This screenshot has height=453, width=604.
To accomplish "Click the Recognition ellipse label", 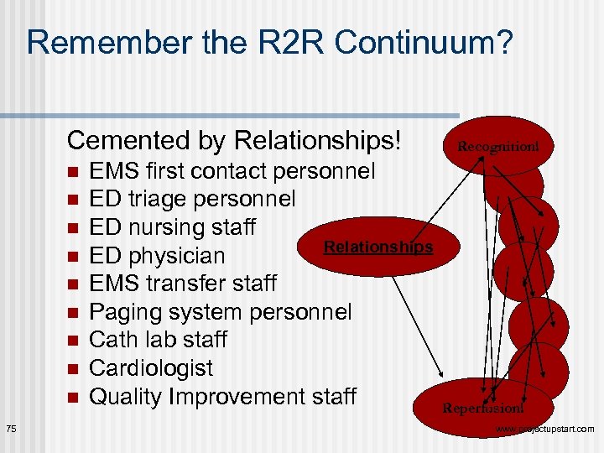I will point(498,147).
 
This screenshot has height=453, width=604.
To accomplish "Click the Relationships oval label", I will point(377,247).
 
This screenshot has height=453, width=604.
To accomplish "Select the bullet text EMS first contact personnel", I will point(232,172).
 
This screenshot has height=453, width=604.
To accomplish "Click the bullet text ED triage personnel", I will point(192,200).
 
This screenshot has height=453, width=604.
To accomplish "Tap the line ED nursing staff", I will point(173,227).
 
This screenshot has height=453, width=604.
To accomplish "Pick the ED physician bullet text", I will point(157,256).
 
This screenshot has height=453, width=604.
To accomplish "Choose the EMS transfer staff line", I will point(183,284).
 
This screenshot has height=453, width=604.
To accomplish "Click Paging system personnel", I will point(221,312).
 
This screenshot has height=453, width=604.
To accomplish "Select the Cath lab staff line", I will point(159,340).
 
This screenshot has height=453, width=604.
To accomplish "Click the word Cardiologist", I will point(151,368).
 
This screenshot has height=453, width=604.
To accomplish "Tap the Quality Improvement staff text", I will point(223,396).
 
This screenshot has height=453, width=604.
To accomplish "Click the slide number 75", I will point(10,430).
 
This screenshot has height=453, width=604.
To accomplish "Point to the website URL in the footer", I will point(545,430).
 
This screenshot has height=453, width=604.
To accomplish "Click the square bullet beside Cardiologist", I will point(72,368).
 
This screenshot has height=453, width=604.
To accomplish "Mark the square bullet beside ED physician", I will point(72,256).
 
